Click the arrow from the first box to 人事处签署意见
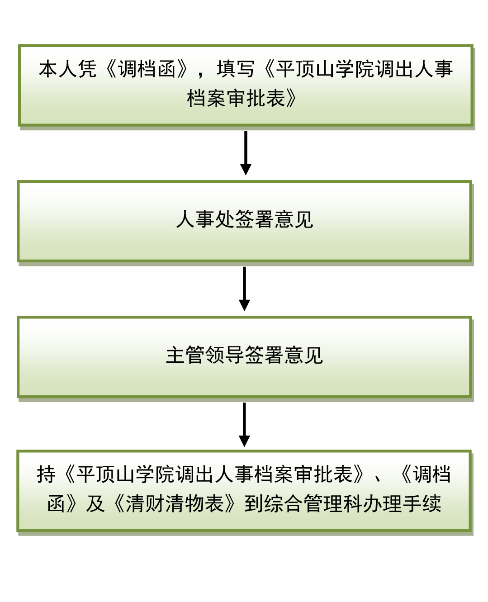coord(246,153)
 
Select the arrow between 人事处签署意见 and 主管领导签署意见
coord(244,289)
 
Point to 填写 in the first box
coord(235,69)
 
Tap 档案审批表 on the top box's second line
coord(236,99)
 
